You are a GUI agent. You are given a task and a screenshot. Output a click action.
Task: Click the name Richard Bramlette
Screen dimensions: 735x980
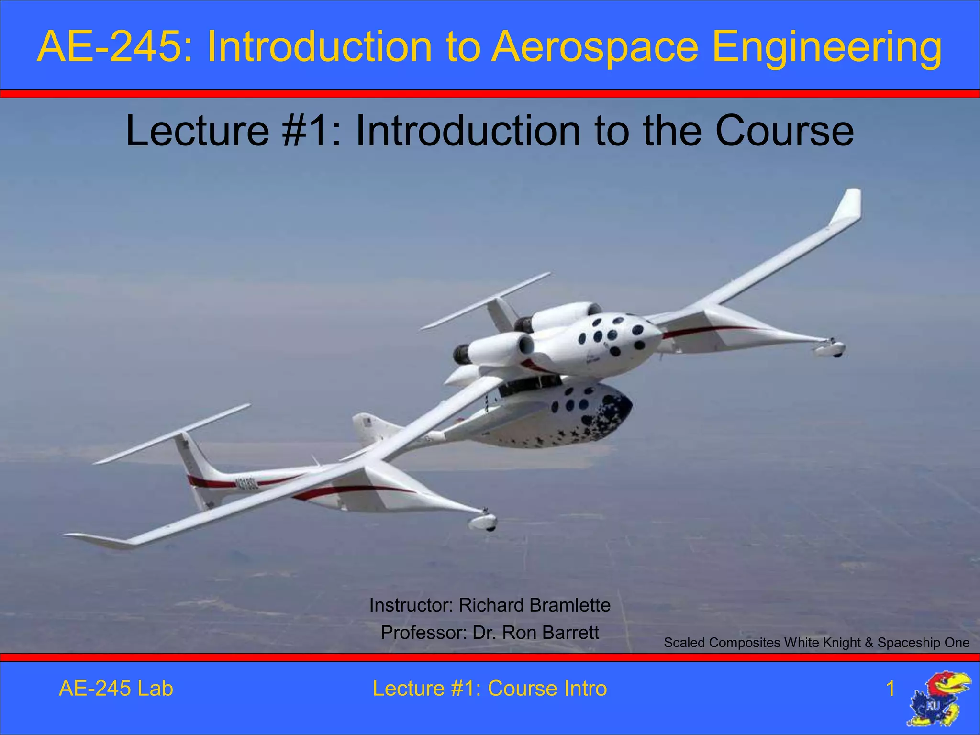point(534,605)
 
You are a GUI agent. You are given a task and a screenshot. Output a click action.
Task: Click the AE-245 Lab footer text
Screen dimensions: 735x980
point(116,689)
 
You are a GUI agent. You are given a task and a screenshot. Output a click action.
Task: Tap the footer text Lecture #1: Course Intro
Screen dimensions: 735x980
point(490,689)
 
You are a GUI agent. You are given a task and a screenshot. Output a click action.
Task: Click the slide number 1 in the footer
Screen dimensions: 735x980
point(890,689)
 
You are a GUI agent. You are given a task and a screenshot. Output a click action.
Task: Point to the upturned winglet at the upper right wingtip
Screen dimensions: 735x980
point(848,206)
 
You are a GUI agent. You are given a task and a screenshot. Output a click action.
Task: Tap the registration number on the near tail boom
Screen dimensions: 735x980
point(247,484)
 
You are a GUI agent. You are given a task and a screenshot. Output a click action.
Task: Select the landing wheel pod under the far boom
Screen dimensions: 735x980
point(831,348)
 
